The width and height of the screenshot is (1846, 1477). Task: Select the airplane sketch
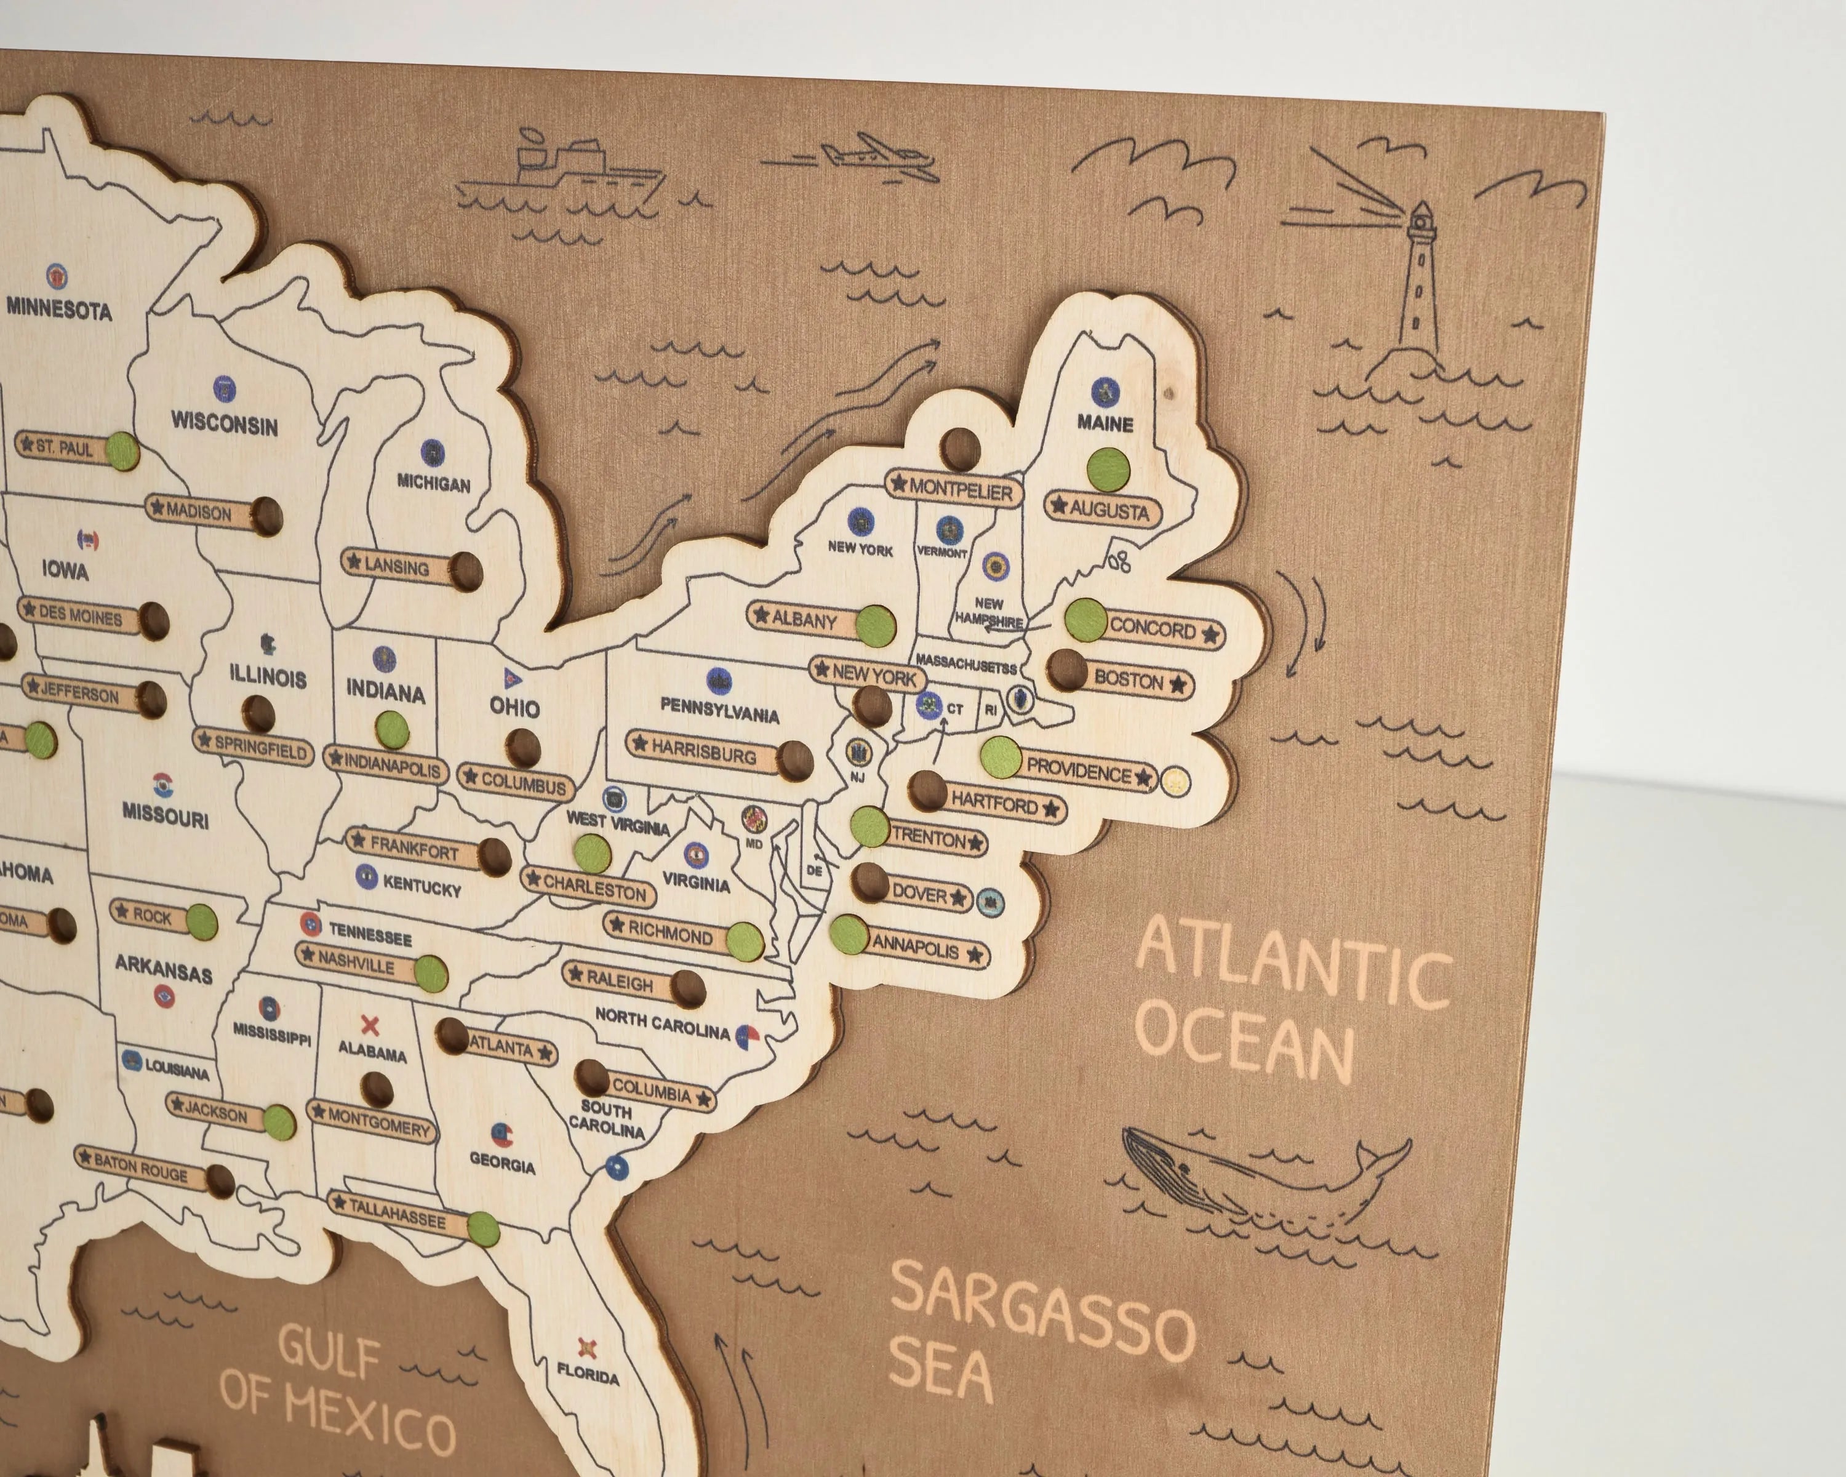[x=873, y=157]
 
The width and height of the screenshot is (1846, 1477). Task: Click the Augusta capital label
[x=1103, y=510]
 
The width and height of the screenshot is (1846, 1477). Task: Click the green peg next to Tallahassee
[x=483, y=1230]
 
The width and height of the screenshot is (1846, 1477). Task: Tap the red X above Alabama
[x=370, y=1024]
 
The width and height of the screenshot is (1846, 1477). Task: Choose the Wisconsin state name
[x=225, y=424]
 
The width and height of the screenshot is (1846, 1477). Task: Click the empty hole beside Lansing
[x=466, y=571]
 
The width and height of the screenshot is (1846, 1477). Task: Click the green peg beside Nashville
[x=431, y=974]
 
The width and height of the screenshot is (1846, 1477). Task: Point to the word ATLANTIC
[x=1293, y=967]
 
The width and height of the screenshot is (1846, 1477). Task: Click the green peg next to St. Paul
[x=122, y=451]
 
